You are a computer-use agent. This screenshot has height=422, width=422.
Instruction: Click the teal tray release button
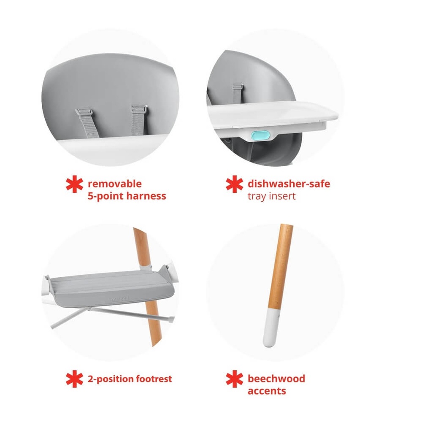coord(260,135)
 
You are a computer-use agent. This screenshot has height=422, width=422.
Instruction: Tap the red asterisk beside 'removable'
coord(75,184)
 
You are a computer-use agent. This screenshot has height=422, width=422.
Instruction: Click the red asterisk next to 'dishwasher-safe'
coord(234,184)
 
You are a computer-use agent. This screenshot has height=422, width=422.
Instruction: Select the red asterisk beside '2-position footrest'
coord(75,379)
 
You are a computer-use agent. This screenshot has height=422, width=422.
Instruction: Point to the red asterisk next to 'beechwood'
coord(234,379)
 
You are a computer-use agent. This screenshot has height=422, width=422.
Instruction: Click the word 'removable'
coord(115,184)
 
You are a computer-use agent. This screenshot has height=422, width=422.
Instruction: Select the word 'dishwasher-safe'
coord(289,184)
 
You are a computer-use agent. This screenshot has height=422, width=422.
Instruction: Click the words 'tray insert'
coord(271,196)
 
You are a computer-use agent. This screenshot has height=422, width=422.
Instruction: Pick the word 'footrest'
coord(154,379)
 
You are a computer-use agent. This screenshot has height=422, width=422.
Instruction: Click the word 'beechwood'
coord(276,379)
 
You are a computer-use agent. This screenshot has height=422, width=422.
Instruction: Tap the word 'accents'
coord(267,391)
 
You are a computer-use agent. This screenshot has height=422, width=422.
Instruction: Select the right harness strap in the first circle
coord(139,120)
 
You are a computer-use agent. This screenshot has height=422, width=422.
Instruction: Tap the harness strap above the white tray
coord(238,93)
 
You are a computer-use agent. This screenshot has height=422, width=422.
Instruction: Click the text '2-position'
coord(111,379)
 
